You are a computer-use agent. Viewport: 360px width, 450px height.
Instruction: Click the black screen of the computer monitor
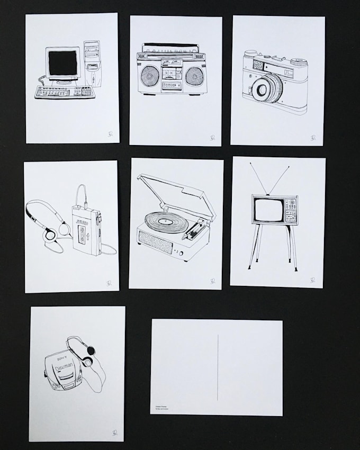coord(62,64)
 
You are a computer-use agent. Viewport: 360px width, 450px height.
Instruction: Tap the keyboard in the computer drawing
coord(57,92)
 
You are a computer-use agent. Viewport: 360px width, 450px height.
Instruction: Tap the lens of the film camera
coord(263,89)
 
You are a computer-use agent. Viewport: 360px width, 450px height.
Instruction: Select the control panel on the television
coord(291,210)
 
